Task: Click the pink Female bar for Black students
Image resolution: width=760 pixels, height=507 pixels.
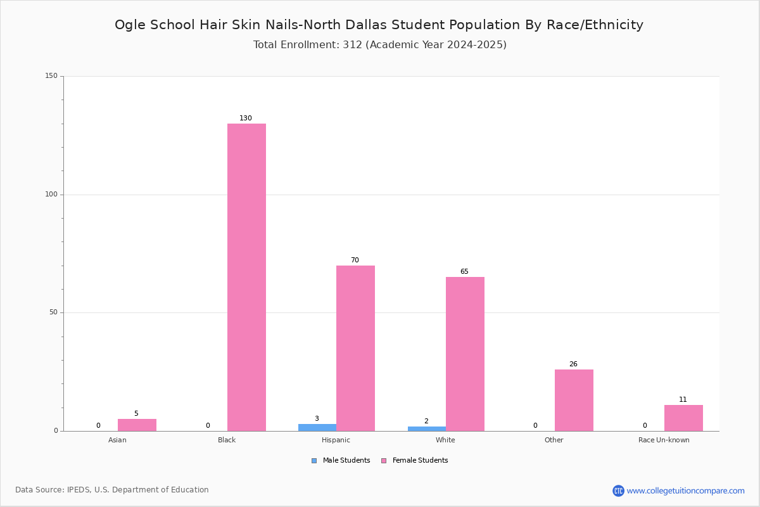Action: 246,277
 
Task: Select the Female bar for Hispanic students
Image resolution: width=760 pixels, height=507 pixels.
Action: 355,348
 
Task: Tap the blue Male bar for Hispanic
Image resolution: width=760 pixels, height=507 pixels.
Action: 317,428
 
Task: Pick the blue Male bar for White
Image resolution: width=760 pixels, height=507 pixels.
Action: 427,428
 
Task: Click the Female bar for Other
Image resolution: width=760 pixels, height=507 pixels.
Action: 574,400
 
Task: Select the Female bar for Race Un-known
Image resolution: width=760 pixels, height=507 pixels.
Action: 683,418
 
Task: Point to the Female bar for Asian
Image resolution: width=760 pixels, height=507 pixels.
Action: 137,425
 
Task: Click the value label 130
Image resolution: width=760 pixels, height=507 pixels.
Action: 246,118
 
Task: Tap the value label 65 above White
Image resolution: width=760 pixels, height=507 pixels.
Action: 464,271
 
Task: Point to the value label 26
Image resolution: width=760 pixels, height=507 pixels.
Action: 573,364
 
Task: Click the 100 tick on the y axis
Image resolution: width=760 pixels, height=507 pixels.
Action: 51,194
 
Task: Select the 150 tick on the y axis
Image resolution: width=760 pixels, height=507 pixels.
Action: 51,75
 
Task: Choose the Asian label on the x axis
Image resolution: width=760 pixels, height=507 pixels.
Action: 117,440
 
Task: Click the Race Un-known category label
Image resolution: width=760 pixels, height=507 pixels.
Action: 664,440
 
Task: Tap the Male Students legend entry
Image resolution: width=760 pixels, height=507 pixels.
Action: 341,460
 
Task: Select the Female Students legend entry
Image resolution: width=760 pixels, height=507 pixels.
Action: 414,460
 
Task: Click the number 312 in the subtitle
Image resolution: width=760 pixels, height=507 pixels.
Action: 353,45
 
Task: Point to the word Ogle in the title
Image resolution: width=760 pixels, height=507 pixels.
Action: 130,25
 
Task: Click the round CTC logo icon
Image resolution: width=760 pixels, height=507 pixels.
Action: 618,491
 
